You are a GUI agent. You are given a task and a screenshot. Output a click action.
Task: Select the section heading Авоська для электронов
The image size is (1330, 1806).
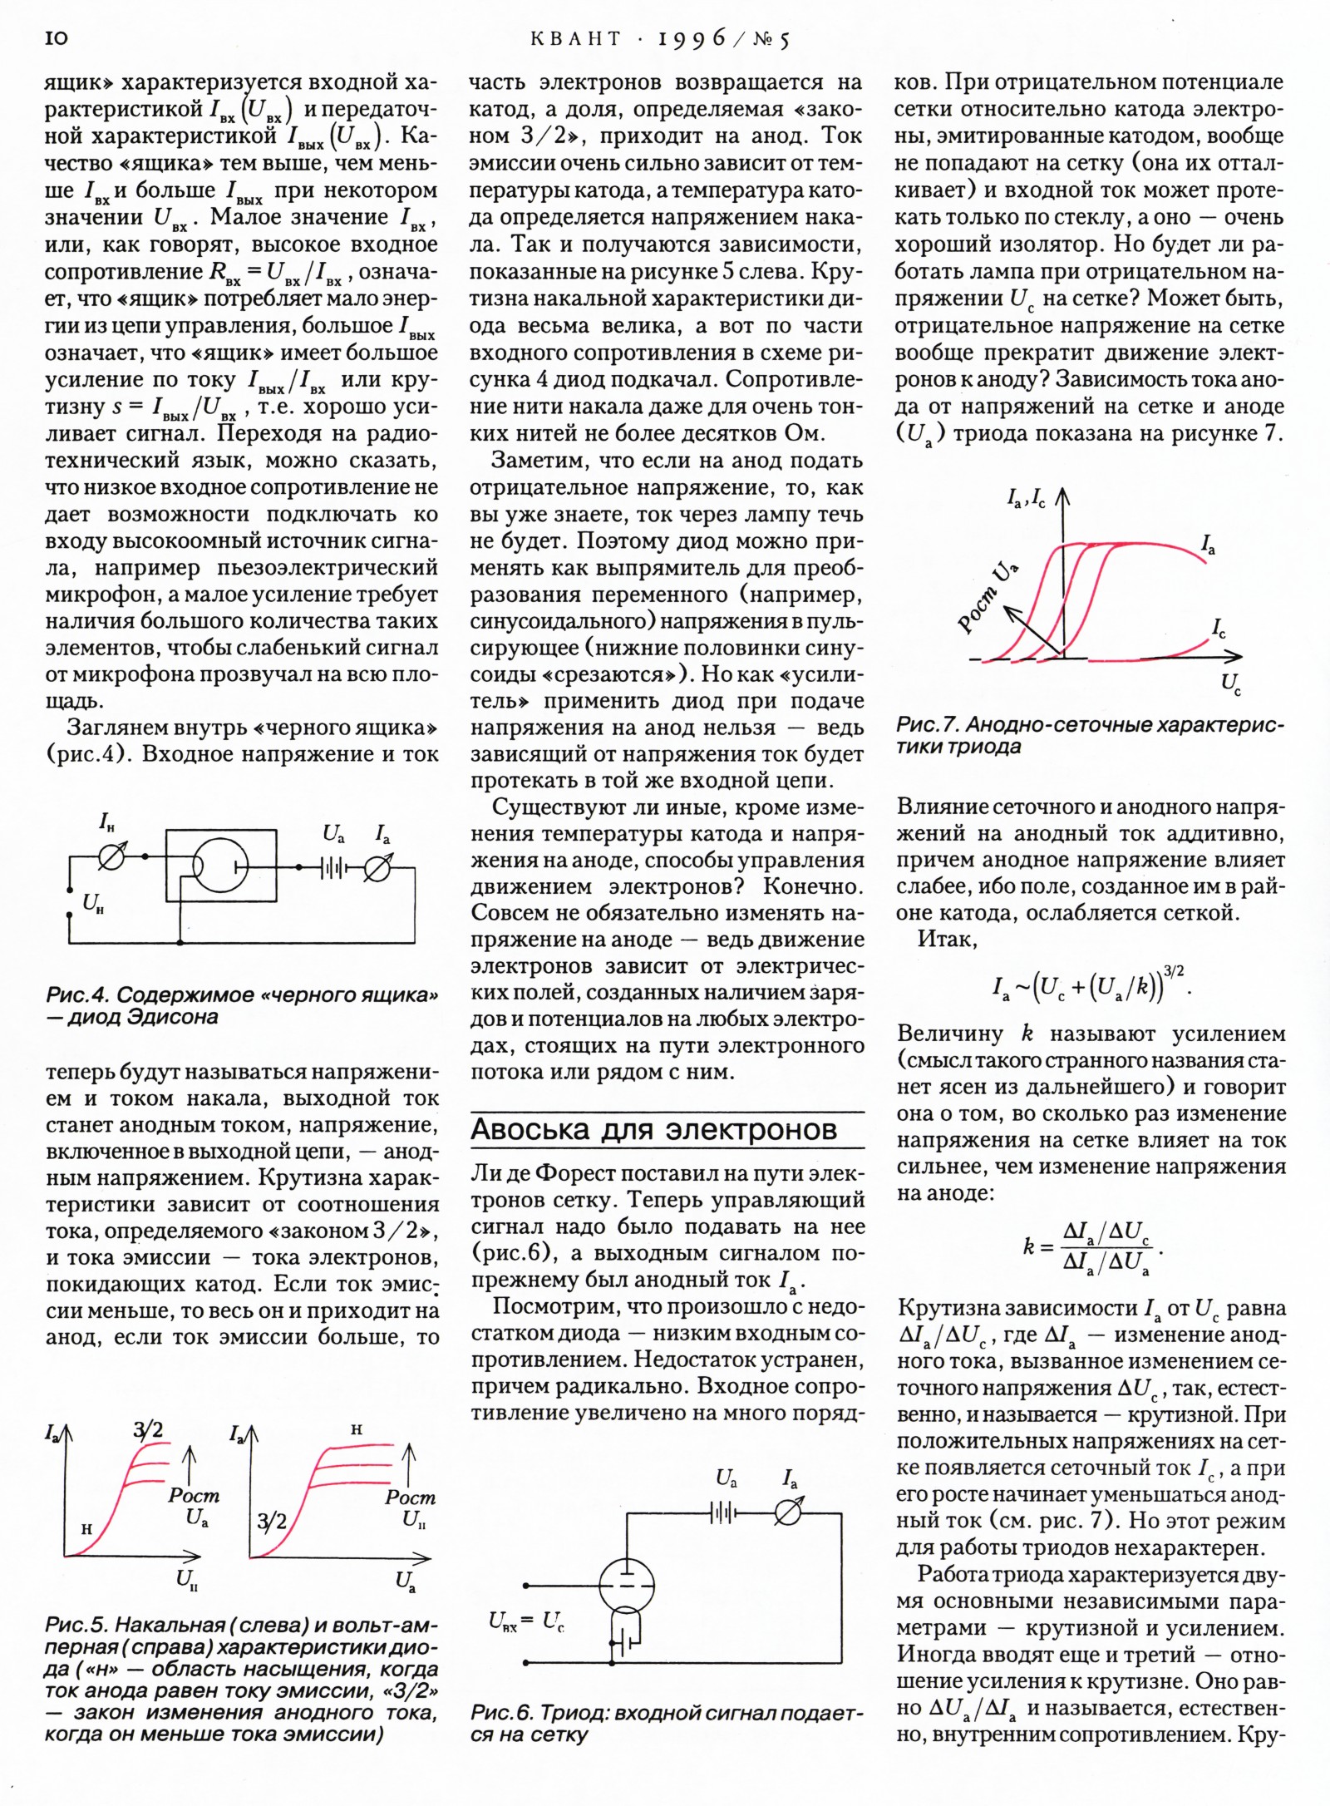coord(654,1129)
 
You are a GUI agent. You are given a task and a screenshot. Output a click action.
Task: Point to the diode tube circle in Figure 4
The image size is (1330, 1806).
coord(219,866)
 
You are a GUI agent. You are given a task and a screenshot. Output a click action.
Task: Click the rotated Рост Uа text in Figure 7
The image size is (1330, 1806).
coord(989,597)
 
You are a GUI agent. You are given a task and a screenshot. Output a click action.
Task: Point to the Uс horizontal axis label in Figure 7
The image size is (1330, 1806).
coord(1231,684)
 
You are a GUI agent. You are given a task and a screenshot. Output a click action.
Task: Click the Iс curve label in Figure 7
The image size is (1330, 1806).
coord(1218,629)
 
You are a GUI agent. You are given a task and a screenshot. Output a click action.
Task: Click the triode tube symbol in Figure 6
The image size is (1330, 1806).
coord(627,1582)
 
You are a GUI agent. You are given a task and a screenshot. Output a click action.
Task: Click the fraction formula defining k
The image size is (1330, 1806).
coord(1092,1247)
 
